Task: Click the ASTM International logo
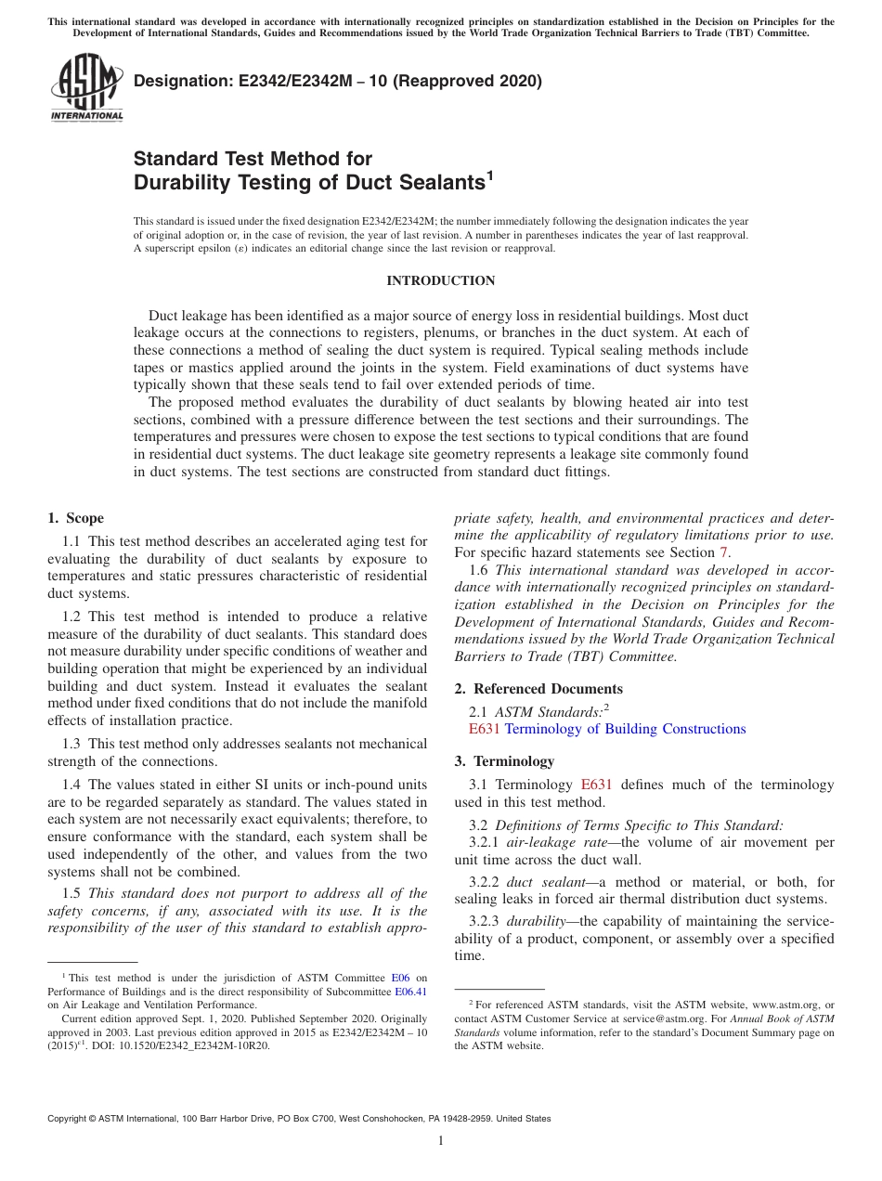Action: [85, 87]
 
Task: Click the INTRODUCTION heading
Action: [440, 280]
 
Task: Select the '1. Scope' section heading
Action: [75, 518]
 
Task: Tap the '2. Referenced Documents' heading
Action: [538, 688]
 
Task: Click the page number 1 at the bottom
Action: [441, 1141]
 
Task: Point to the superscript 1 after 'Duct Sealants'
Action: [489, 175]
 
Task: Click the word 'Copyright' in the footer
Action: [67, 1119]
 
